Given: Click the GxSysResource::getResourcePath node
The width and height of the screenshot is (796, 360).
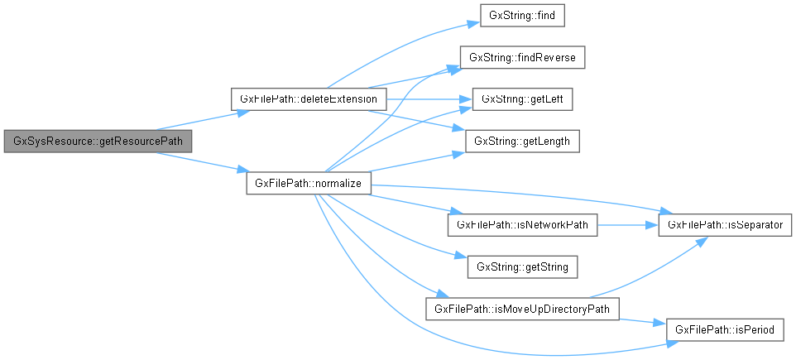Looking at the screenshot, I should coord(98,142).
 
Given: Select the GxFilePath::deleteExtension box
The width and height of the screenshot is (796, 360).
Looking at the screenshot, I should coord(309,99).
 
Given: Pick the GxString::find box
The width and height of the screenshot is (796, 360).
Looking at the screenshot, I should coord(523,16).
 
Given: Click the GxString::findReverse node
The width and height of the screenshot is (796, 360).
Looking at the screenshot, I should coord(523,57).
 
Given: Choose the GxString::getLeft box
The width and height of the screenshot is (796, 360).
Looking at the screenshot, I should coord(523,99).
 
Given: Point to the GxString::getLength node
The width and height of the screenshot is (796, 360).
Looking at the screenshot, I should coord(523,142).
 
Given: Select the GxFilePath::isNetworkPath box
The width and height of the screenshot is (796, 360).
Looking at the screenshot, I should coord(521,225).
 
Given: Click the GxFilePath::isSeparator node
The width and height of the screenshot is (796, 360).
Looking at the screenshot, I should coord(720,225).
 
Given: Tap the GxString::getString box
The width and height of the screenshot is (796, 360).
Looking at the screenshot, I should coord(522,266).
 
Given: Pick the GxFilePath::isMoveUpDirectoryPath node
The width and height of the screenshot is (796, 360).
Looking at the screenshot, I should coord(522,309).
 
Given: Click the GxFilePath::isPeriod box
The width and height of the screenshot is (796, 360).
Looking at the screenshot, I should coord(725,329).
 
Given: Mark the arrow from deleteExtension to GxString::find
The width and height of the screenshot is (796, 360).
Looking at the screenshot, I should coord(397,46).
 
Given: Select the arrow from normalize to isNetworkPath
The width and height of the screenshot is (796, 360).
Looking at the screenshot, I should coord(405,204).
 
